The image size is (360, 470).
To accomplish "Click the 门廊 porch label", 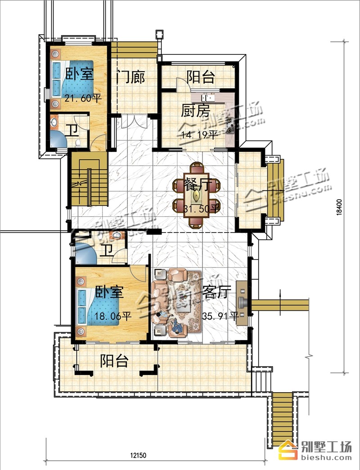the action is point(131,77).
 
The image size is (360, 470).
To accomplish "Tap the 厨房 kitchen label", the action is point(195,111).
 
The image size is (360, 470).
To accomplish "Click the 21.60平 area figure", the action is point(83,98).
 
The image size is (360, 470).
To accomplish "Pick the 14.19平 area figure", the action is point(199,135).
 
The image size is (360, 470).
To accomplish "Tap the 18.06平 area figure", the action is point(113,316).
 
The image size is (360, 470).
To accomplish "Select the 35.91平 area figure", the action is point(220,316).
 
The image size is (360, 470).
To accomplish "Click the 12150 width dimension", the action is point(138,455).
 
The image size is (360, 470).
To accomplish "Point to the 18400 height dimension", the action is point(339,207).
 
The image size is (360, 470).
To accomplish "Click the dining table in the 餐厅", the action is point(196,196).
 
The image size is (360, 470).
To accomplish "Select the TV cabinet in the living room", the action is point(242,303).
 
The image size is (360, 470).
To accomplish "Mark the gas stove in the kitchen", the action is point(230,125).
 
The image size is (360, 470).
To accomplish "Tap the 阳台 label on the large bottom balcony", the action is point(114,361).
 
